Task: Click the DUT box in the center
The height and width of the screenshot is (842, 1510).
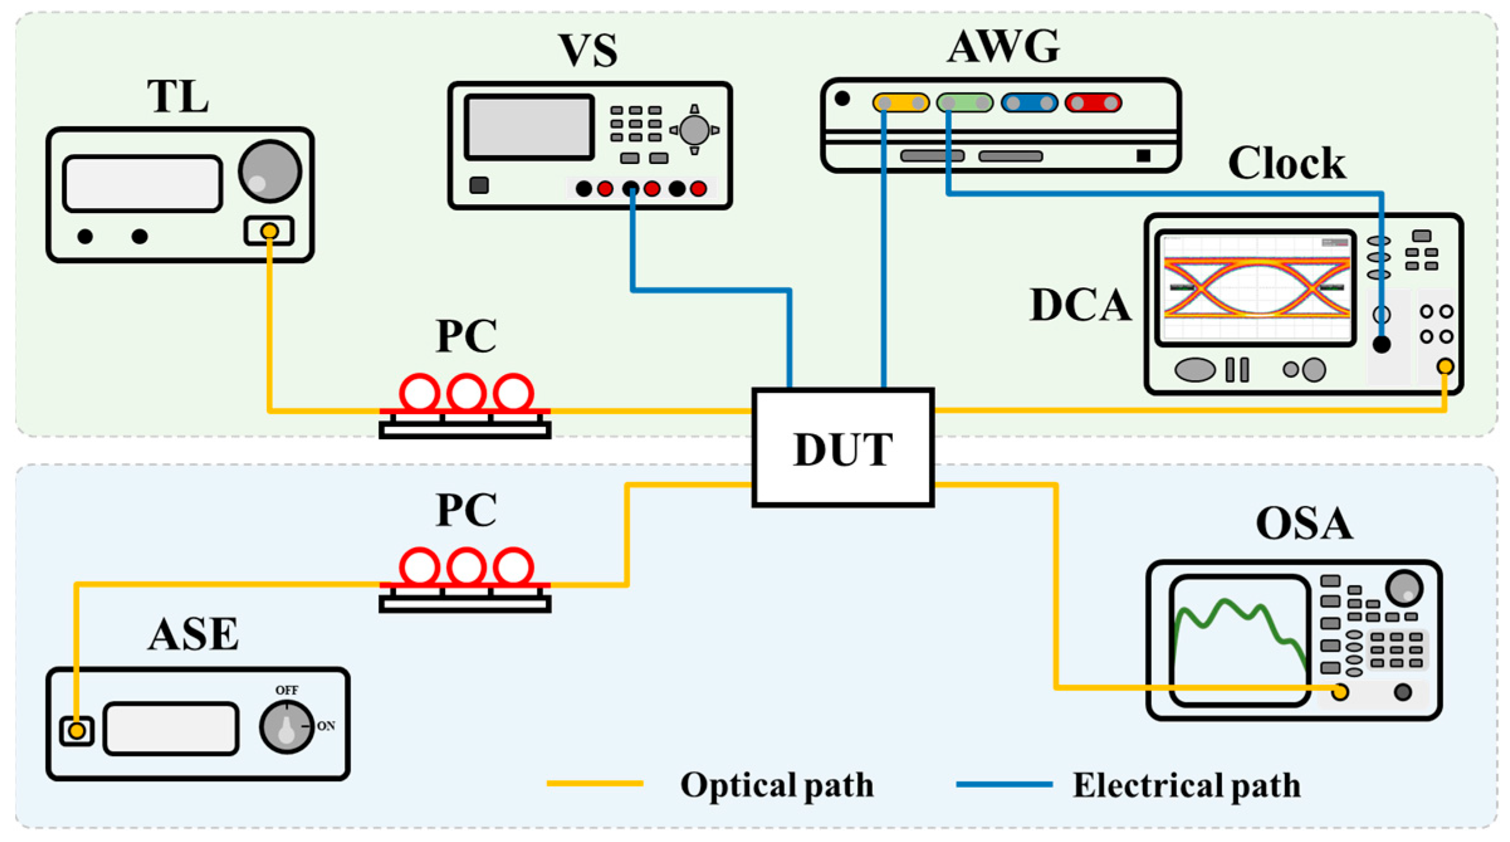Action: point(843,447)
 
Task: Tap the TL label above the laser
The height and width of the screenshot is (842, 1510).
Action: point(178,96)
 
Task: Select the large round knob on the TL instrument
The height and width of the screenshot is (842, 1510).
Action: point(270,171)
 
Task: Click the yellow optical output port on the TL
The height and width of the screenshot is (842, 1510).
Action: point(270,231)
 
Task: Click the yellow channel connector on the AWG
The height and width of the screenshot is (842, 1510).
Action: point(900,102)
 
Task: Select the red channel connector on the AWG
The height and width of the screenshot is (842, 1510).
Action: point(1093,102)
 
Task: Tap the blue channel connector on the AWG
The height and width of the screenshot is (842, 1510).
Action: point(1029,102)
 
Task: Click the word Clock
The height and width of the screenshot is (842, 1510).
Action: point(1286,163)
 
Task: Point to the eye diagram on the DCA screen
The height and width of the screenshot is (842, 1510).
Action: point(1256,287)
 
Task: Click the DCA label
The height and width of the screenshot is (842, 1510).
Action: point(1080,305)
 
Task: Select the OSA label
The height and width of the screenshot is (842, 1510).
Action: point(1304,523)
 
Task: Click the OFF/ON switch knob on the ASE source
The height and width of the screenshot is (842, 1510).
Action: point(287,727)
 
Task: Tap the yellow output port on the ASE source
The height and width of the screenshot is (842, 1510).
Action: point(77,731)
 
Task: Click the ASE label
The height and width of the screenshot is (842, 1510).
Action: point(194,633)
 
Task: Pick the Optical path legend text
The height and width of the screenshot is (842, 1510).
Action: point(777,785)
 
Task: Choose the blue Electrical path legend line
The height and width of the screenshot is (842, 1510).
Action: point(1004,784)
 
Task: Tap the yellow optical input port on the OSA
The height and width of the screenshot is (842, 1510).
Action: point(1340,692)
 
